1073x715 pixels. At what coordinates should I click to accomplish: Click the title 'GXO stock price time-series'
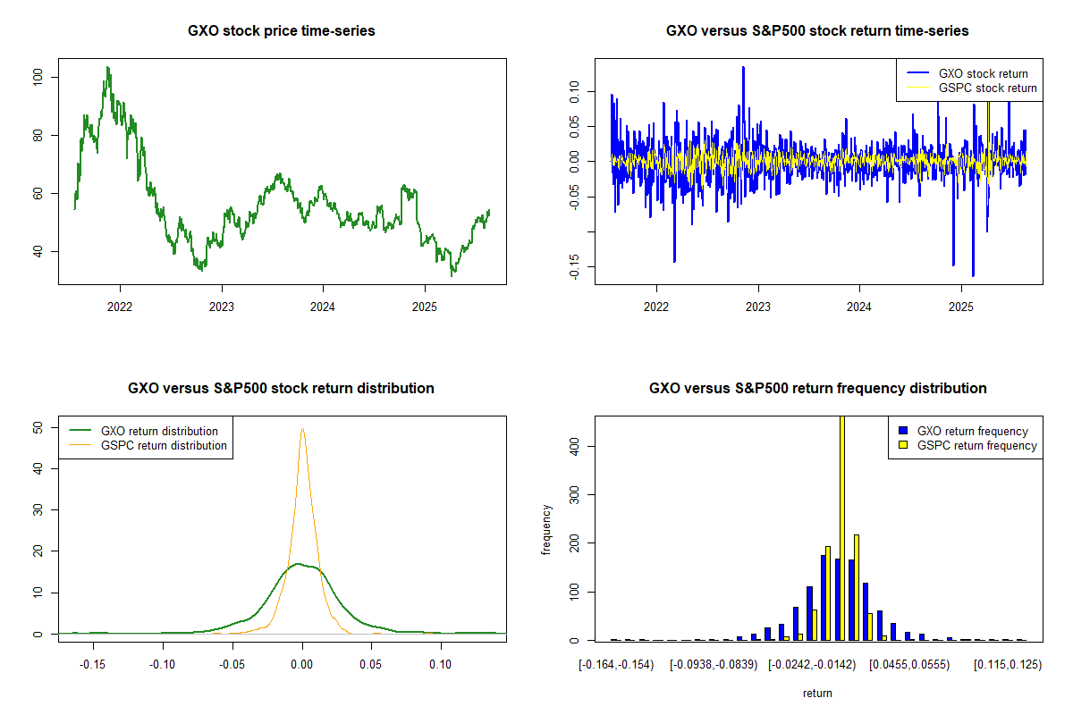tap(282, 31)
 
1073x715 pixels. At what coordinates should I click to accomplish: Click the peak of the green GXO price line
tap(107, 67)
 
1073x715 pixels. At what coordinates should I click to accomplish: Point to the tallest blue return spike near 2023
tap(743, 67)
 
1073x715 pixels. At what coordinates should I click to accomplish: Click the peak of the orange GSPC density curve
tap(302, 429)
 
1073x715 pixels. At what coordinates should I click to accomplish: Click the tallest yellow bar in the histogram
tap(841, 527)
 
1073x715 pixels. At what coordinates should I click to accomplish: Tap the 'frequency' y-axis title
tap(546, 529)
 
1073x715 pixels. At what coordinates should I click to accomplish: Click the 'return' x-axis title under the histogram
tap(817, 693)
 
